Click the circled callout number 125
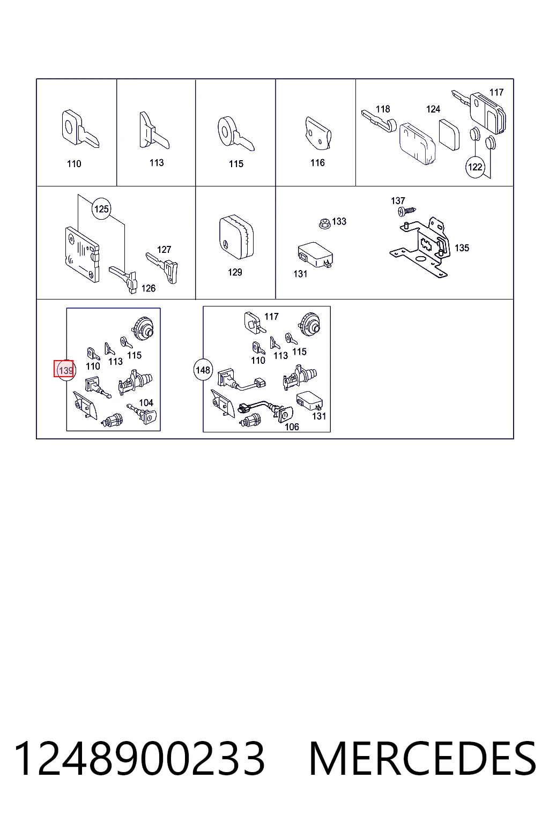pyautogui.click(x=101, y=209)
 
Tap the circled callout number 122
pyautogui.click(x=474, y=167)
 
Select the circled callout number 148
pyautogui.click(x=203, y=370)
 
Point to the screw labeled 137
pyautogui.click(x=407, y=211)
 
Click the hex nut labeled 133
pyautogui.click(x=324, y=223)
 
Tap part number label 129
pyautogui.click(x=235, y=272)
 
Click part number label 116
pyautogui.click(x=317, y=163)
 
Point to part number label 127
pyautogui.click(x=164, y=250)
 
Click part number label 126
pyautogui.click(x=149, y=288)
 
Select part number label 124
pyautogui.click(x=433, y=109)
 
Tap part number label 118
pyautogui.click(x=383, y=109)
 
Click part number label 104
pyautogui.click(x=146, y=403)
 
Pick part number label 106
pyautogui.click(x=292, y=427)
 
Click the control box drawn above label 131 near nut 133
pyautogui.click(x=315, y=255)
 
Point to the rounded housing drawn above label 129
pyautogui.click(x=236, y=237)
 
